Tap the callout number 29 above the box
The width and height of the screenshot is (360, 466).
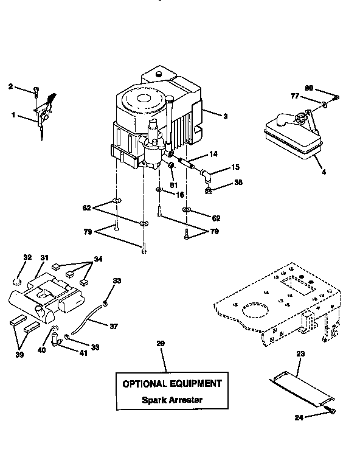pos(161,344)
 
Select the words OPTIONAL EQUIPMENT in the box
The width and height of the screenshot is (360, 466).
pos(172,384)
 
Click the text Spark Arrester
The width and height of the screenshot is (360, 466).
pos(172,400)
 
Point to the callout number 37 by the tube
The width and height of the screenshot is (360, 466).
pos(114,326)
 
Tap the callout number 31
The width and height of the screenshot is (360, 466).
pos(44,258)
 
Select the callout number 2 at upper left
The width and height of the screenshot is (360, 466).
pos(10,87)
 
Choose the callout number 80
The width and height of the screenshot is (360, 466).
pos(309,88)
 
